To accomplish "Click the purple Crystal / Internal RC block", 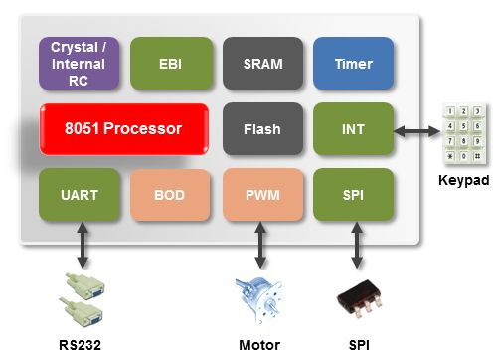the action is point(79,64).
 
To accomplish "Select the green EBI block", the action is point(171,64).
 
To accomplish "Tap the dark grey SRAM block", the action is point(263,64).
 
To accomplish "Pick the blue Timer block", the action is point(354,64).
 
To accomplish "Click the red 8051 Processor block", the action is point(124,129).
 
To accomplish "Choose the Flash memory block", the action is point(263,129).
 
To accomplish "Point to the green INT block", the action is point(354,129).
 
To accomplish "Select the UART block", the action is point(80,195).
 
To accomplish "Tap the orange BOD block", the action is point(170,195).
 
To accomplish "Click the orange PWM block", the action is point(263,195).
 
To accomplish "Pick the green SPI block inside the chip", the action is point(354,195).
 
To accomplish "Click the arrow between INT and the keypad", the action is point(416,131).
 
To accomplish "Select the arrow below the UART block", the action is point(83,245).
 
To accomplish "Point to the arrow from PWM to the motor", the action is point(260,245).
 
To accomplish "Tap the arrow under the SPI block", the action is point(357,245).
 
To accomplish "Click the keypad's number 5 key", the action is point(464,126).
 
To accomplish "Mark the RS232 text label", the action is point(80,345).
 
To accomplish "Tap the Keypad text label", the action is point(464,180).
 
